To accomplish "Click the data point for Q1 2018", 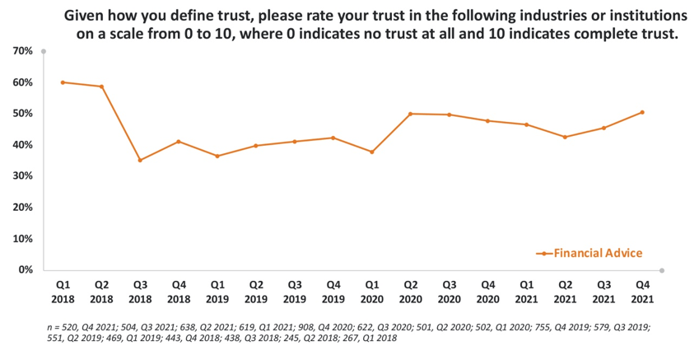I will [x=63, y=82].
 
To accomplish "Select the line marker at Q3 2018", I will [x=140, y=160].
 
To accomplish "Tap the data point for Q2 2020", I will [x=410, y=114].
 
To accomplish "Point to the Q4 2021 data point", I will [x=642, y=112].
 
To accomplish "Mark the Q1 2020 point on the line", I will [x=371, y=152].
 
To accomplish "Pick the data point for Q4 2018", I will [x=179, y=142].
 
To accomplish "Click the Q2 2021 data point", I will [x=565, y=137].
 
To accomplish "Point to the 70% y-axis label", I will [x=23, y=51].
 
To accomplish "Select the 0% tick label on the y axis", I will [x=26, y=270].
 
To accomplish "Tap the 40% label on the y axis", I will [x=23, y=145].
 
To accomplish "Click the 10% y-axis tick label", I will [x=23, y=239].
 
